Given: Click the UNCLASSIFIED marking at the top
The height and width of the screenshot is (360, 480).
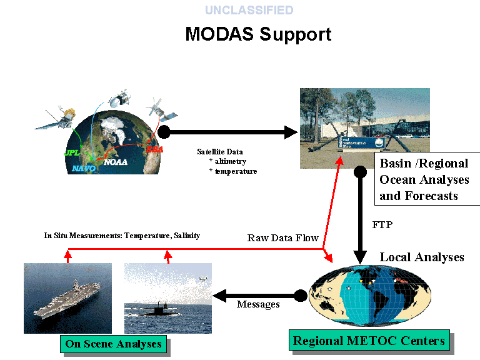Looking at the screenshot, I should pyautogui.click(x=249, y=10).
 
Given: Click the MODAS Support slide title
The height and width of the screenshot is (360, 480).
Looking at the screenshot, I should pyautogui.click(x=258, y=34).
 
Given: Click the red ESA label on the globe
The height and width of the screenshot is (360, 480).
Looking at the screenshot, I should pyautogui.click(x=153, y=149).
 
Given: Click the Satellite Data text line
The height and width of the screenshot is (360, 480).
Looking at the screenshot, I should pyautogui.click(x=220, y=151).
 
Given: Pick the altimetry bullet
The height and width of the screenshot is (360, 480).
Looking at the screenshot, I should pyautogui.click(x=230, y=161).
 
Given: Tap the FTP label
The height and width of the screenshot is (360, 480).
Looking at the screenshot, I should pyautogui.click(x=382, y=224).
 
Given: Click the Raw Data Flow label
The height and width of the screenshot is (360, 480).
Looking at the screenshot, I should pyautogui.click(x=282, y=238).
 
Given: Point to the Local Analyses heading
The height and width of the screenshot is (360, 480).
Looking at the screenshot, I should pyautogui.click(x=422, y=257).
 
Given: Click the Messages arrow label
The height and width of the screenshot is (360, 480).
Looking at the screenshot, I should pyautogui.click(x=258, y=304).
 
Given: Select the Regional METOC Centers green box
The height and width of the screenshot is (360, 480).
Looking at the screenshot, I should pyautogui.click(x=369, y=341).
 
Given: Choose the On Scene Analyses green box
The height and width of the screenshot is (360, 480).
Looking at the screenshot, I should pyautogui.click(x=113, y=344).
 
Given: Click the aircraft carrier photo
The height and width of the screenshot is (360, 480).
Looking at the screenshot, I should pyautogui.click(x=67, y=298).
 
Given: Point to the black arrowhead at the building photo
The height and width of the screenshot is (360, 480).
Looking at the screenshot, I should pyautogui.click(x=291, y=132).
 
